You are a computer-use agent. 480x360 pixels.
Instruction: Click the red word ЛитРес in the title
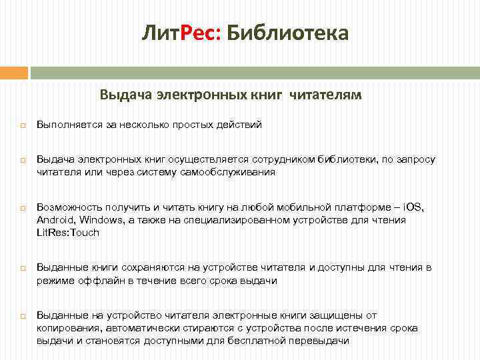(180, 33)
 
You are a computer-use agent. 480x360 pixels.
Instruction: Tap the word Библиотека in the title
(287, 33)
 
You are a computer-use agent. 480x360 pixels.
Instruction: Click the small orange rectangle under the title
(13, 72)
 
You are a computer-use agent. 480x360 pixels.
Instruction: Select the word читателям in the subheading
(325, 95)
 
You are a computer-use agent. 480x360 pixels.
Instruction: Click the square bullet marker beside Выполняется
(22, 125)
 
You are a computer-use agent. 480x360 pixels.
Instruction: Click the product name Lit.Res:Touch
(67, 232)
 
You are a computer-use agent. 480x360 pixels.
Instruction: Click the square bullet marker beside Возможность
(22, 208)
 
